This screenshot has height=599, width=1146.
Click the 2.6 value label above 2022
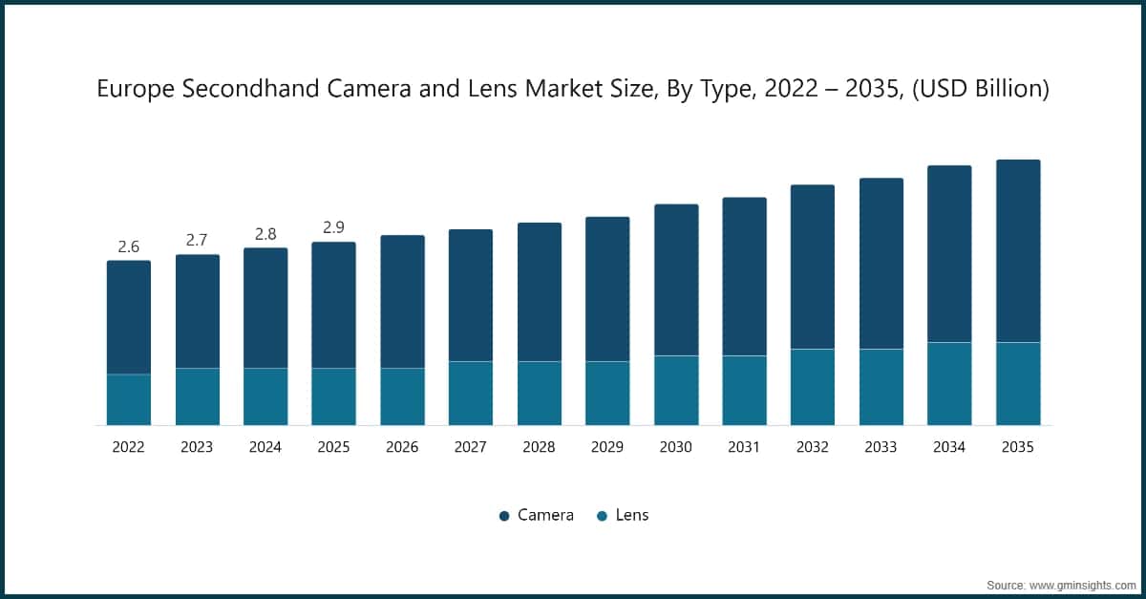(128, 246)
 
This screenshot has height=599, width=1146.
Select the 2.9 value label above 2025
(333, 227)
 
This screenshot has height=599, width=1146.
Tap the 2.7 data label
(197, 240)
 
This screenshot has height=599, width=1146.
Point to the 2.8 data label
(265, 234)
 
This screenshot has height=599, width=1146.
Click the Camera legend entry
(536, 515)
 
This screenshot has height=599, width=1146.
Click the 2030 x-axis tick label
(676, 447)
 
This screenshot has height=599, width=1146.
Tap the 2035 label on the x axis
(1018, 447)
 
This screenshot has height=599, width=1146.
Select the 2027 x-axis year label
(471, 447)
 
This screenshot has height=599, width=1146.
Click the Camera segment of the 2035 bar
(1018, 250)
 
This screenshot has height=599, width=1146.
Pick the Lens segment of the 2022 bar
(128, 399)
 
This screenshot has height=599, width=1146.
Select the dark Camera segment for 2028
(540, 291)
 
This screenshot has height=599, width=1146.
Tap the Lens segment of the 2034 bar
(949, 383)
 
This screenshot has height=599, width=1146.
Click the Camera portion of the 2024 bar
(265, 308)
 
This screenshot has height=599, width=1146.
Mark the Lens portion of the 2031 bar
(744, 390)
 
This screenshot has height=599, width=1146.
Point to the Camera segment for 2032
(813, 267)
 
